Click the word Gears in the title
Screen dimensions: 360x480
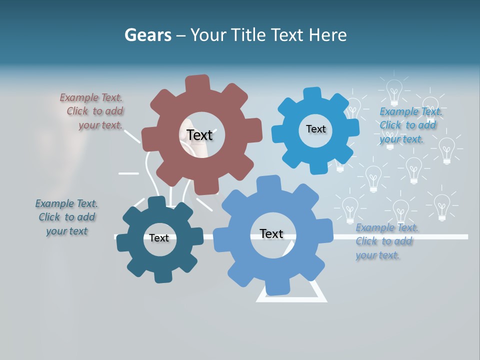[x=148, y=35]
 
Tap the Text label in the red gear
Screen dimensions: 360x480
[x=199, y=135]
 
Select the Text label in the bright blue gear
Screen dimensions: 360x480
[x=315, y=129]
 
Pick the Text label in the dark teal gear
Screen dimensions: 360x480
[x=159, y=238]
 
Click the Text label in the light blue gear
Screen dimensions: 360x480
[x=271, y=233]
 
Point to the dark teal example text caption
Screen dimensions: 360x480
[x=66, y=217]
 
